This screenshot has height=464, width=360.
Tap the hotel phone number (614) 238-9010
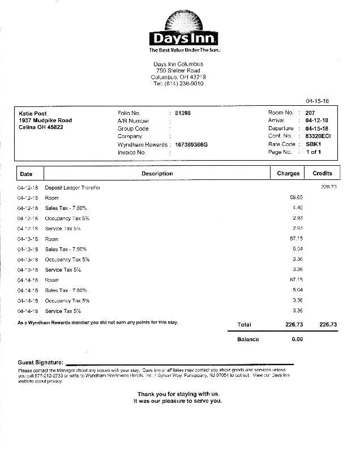click(x=178, y=84)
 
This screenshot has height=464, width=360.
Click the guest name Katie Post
click(x=33, y=113)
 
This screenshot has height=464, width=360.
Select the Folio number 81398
click(x=183, y=113)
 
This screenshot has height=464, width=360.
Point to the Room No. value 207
click(x=310, y=113)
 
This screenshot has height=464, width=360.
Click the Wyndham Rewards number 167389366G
click(x=191, y=145)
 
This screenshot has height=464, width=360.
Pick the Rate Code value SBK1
click(x=314, y=144)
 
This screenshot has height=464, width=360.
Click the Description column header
click(x=157, y=174)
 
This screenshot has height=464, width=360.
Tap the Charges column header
click(x=288, y=174)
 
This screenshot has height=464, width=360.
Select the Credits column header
click(x=322, y=173)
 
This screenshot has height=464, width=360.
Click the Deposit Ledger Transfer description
click(x=72, y=187)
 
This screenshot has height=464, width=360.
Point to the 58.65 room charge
click(x=296, y=197)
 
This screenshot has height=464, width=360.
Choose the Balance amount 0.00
click(x=297, y=340)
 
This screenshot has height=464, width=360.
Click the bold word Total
click(x=244, y=325)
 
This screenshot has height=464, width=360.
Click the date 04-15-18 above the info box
click(x=318, y=101)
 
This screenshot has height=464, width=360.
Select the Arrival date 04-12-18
click(x=317, y=121)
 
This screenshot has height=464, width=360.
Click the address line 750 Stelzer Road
click(x=178, y=71)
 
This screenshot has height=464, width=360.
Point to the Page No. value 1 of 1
click(x=314, y=152)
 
